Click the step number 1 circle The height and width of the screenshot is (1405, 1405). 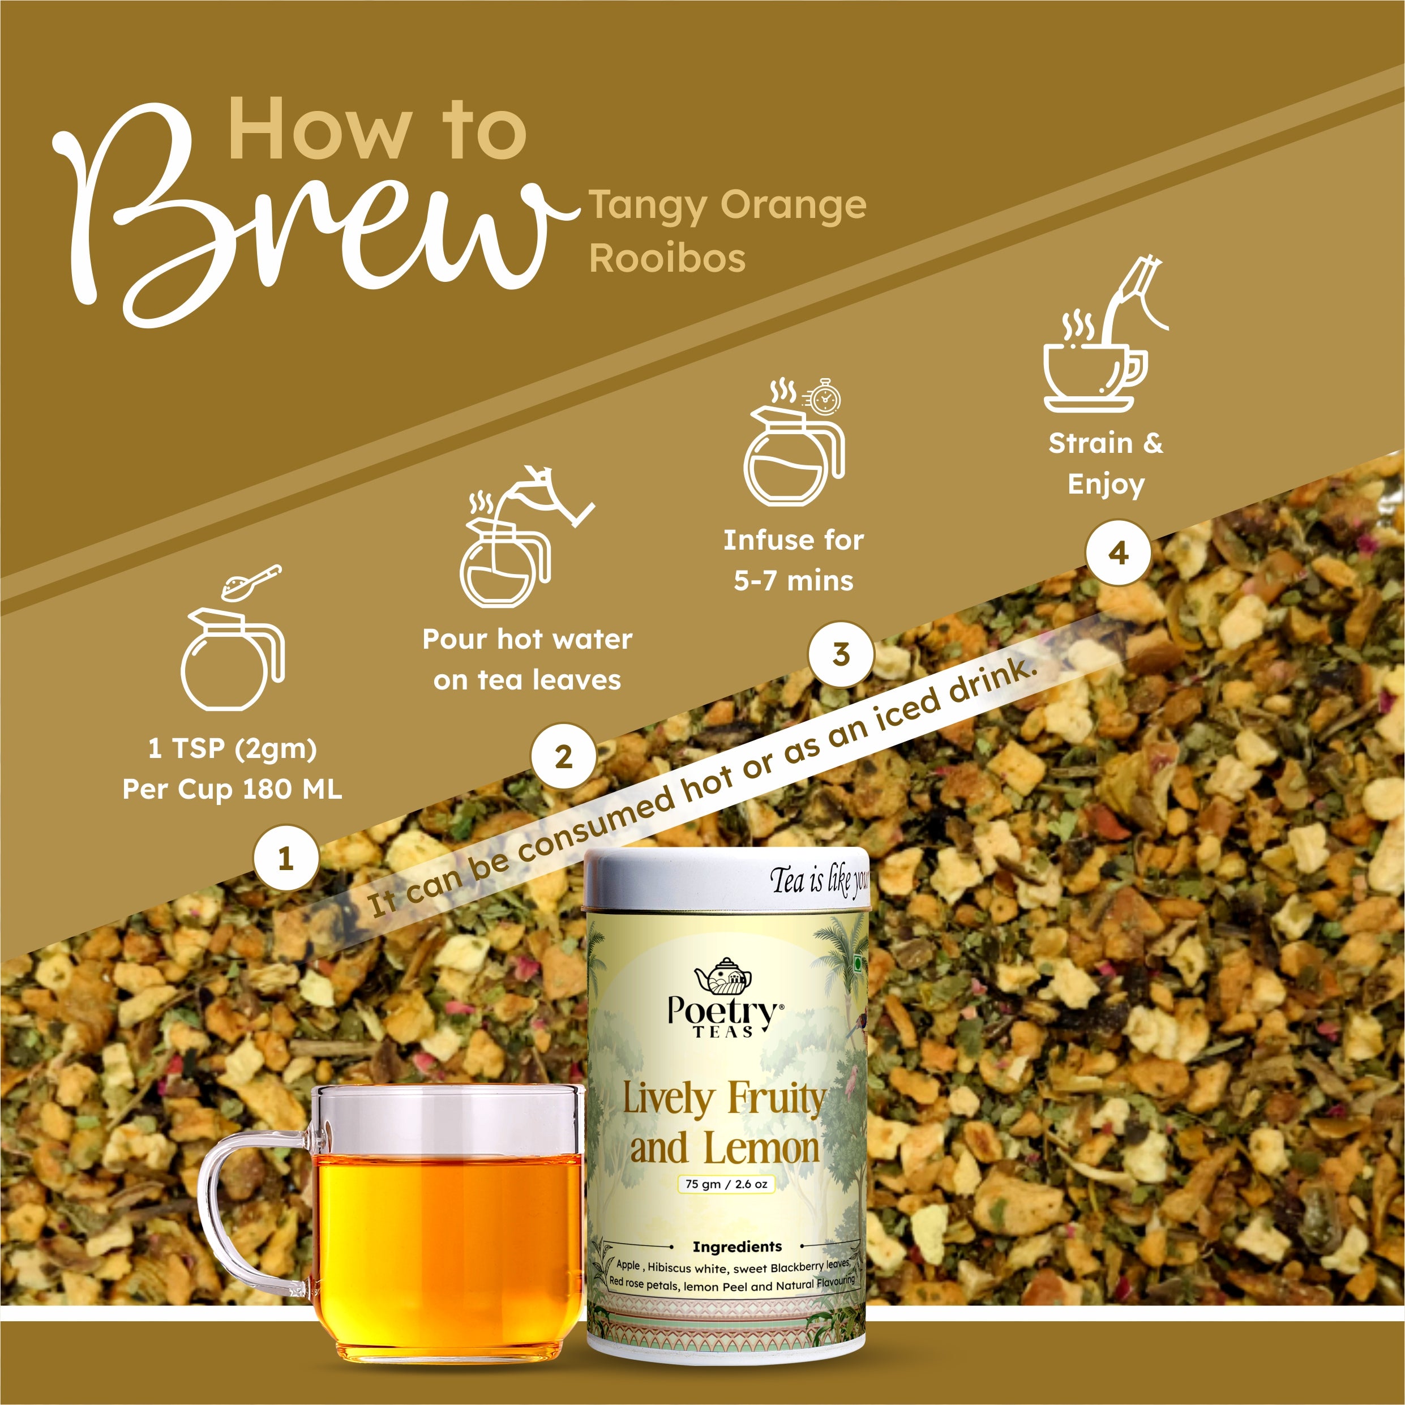286,858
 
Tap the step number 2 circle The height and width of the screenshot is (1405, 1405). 564,757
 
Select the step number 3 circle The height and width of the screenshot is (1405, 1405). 841,654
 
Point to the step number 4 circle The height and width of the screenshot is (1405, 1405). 1119,552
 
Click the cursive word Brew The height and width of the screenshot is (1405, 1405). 306,218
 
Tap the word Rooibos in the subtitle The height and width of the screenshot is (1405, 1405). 667,258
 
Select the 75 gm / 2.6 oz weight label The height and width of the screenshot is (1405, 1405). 726,1184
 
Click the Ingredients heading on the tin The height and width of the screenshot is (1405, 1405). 736,1246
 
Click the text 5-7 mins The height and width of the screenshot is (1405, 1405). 794,581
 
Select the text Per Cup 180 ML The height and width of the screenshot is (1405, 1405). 232,789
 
